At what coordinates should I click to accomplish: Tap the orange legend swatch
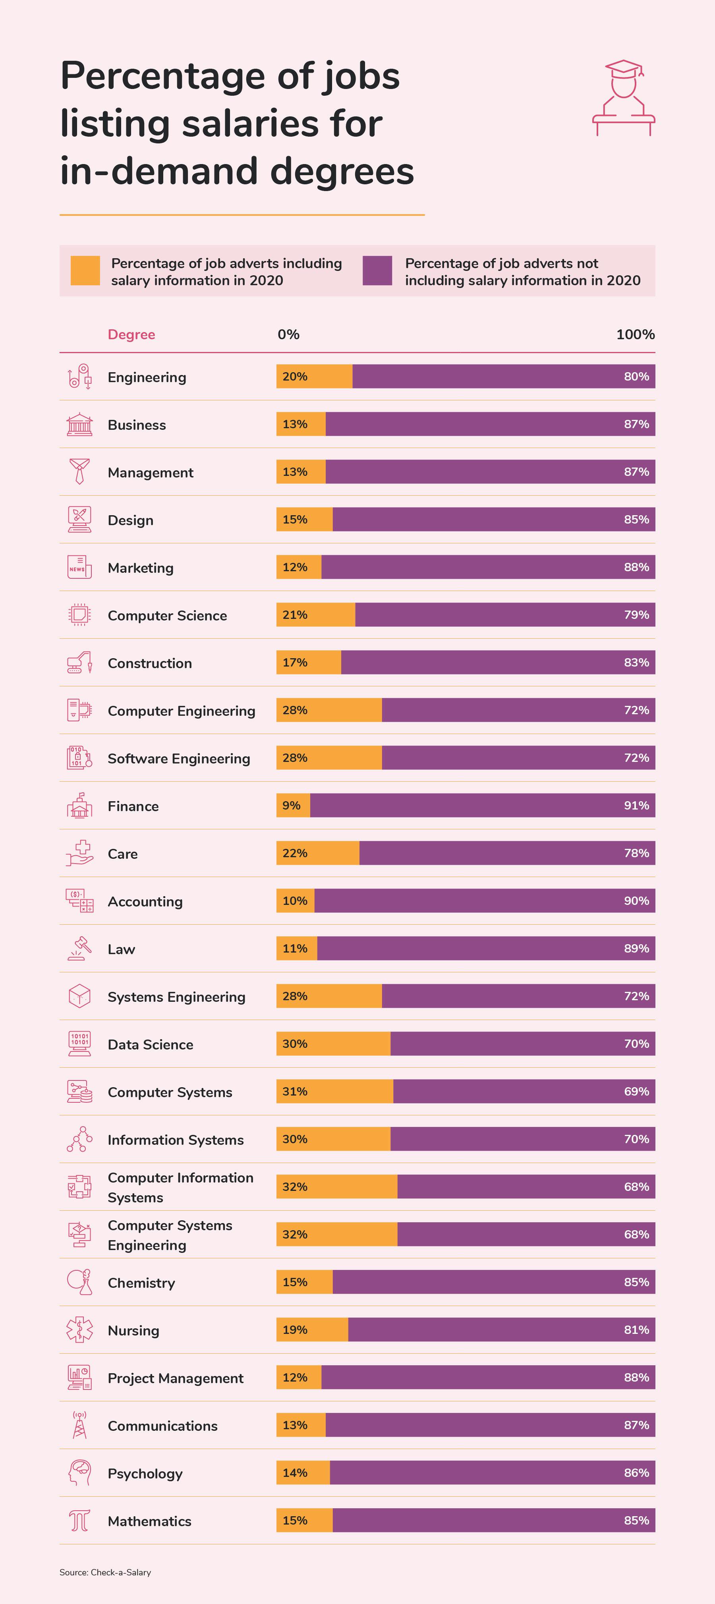[x=85, y=271]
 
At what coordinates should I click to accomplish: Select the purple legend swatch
[x=377, y=271]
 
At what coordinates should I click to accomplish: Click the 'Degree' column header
[x=131, y=334]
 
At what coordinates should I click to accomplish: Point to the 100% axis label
[x=635, y=334]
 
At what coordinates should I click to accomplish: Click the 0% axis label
[x=288, y=334]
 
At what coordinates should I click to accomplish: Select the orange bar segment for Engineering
[x=315, y=377]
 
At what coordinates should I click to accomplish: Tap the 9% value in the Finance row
[x=292, y=806]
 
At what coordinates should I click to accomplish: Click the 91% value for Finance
[x=636, y=806]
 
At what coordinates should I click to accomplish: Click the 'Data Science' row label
[x=150, y=1045]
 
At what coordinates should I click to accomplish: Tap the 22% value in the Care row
[x=295, y=853]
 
